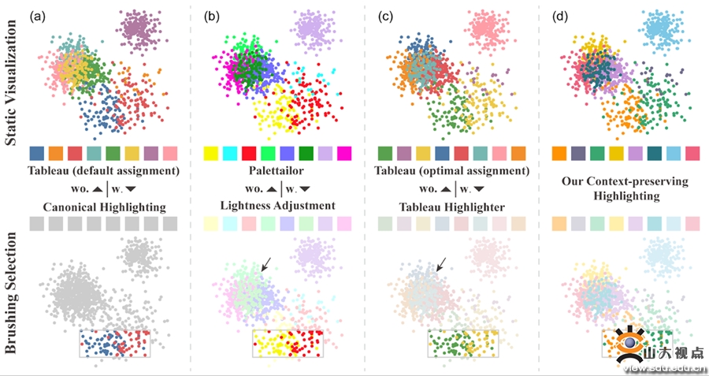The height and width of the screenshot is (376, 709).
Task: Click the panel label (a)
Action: tap(36, 15)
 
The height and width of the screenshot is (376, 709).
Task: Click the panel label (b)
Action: tap(211, 15)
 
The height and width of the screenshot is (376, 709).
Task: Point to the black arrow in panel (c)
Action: tap(444, 264)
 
